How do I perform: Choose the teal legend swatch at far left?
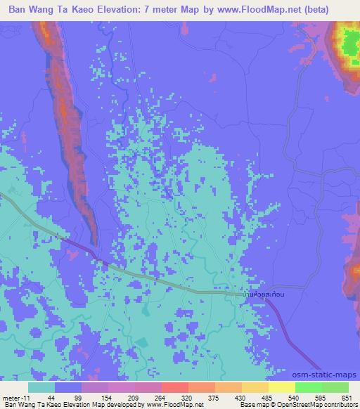click(42, 387)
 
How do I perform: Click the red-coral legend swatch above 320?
click(175, 387)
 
